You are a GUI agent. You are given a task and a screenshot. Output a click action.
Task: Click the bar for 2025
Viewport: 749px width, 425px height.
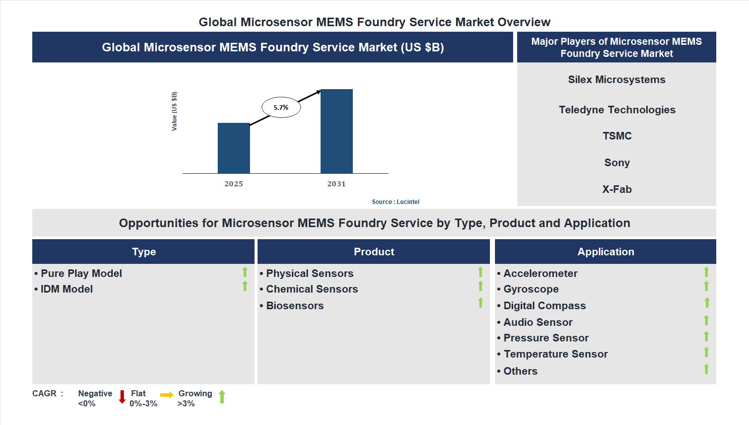pos(233,148)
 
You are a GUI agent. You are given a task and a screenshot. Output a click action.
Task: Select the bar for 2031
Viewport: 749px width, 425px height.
pos(336,131)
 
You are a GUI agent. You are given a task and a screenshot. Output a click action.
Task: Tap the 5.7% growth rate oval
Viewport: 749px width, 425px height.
pos(281,107)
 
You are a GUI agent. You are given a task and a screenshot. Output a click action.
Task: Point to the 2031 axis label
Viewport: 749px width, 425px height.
pos(336,184)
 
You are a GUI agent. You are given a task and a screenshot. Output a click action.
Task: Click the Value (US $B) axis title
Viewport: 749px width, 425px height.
pos(174,111)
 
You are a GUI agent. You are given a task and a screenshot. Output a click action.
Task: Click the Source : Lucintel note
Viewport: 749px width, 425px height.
pos(395,202)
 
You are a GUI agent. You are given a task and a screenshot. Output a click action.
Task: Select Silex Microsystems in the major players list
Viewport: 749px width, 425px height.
pos(616,80)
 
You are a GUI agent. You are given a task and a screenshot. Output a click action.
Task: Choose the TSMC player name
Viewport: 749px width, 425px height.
pos(617,136)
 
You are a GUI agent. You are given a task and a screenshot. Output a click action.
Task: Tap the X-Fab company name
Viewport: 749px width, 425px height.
pos(617,189)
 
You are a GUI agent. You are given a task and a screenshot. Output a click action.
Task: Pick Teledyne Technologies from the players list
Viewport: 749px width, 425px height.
pos(617,110)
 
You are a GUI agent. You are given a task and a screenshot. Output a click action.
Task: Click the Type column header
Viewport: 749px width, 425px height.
pos(144,252)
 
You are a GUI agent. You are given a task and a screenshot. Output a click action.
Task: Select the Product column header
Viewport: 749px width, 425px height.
pos(373,252)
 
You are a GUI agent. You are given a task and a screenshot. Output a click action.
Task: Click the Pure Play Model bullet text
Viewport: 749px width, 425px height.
pos(81,273)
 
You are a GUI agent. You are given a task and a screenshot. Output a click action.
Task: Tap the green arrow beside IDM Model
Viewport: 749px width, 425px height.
pos(245,286)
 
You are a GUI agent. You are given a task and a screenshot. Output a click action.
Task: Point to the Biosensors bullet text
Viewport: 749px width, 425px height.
pos(295,306)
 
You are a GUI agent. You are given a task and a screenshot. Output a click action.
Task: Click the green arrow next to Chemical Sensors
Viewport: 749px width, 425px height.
pos(480,286)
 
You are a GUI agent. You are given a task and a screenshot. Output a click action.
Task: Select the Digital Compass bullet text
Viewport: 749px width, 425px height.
pos(544,306)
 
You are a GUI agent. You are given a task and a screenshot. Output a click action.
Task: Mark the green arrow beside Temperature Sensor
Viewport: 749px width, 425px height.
pos(706,352)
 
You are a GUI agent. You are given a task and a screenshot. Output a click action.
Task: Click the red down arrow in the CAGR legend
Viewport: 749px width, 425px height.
pos(122,397)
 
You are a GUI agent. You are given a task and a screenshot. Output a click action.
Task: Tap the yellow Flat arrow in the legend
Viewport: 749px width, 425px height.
pos(167,395)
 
